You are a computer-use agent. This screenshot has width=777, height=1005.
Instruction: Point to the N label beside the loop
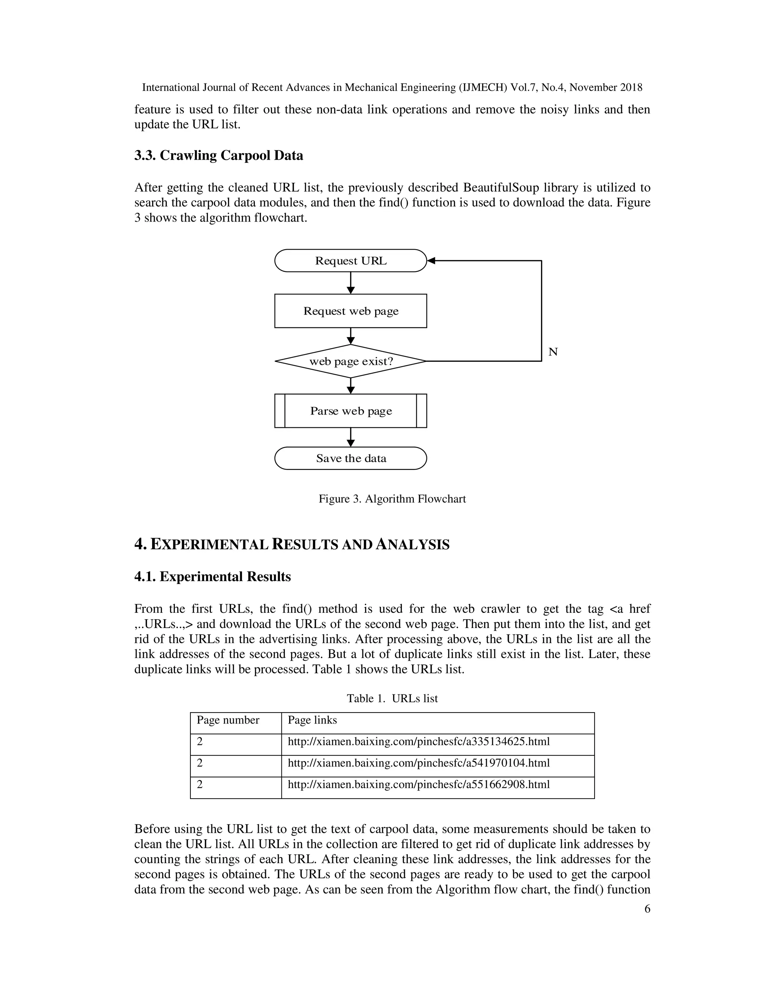pyautogui.click(x=553, y=352)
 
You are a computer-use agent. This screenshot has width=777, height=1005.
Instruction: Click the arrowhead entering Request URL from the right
pyautogui.click(x=431, y=261)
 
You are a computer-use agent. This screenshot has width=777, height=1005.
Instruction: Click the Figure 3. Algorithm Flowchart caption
pyautogui.click(x=392, y=499)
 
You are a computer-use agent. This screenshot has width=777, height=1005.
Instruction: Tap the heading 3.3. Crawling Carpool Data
pyautogui.click(x=219, y=155)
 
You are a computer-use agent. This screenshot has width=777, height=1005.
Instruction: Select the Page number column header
pyautogui.click(x=228, y=720)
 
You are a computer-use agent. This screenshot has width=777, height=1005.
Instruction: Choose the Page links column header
pyautogui.click(x=312, y=720)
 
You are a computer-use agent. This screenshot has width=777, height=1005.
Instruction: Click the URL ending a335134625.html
pyautogui.click(x=418, y=741)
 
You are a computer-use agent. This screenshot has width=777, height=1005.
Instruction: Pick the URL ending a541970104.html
pyautogui.click(x=418, y=763)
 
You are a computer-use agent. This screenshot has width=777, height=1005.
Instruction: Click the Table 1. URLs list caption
pyautogui.click(x=392, y=699)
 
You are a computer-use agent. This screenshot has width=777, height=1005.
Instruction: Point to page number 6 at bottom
pyautogui.click(x=647, y=909)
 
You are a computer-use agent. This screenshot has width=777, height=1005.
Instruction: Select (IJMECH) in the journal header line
pyautogui.click(x=483, y=88)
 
